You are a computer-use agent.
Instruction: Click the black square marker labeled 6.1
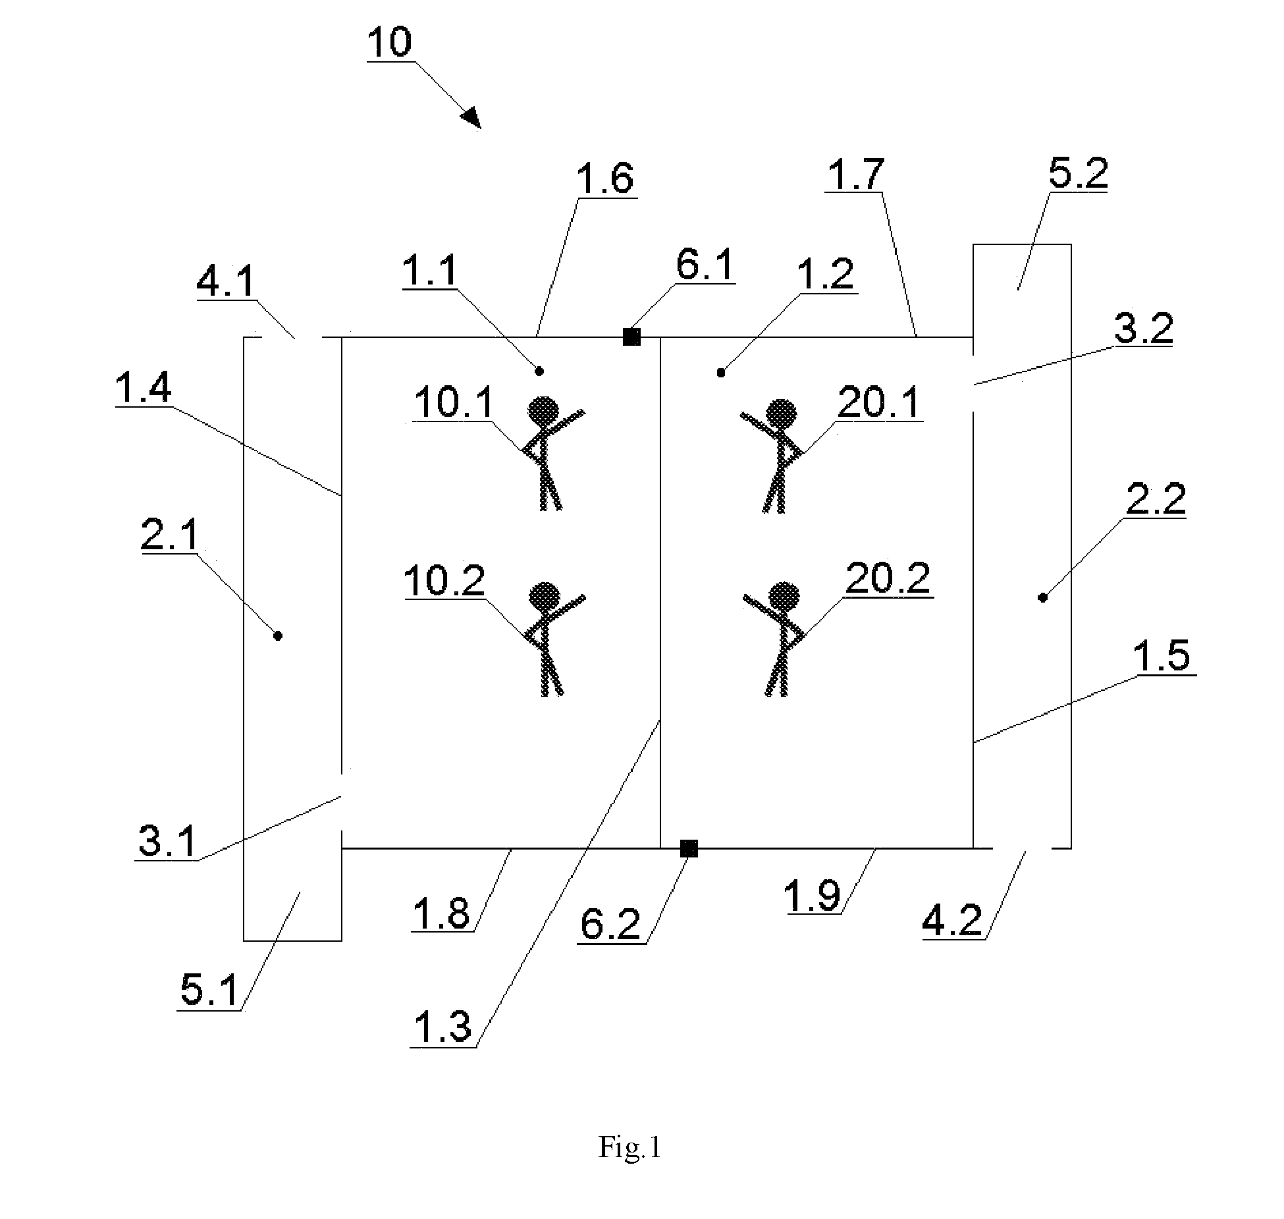[x=631, y=337]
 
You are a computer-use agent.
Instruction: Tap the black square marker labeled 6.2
[x=689, y=848]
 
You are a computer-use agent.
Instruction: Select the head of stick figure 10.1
[x=544, y=412]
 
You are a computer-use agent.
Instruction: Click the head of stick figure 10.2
[x=545, y=598]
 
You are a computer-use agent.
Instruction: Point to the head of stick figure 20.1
[x=781, y=415]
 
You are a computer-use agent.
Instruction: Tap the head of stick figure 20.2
[x=784, y=598]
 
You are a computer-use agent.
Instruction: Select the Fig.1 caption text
[x=629, y=1147]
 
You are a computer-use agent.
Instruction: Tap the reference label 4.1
[x=226, y=283]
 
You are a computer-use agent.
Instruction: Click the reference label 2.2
[x=1156, y=499]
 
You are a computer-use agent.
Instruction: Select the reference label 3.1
[x=167, y=840]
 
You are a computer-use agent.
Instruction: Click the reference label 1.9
[x=813, y=895]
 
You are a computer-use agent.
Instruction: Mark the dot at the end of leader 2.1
[x=278, y=636]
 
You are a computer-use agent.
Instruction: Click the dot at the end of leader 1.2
[x=721, y=373]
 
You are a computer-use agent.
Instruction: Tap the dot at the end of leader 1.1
[x=539, y=371]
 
